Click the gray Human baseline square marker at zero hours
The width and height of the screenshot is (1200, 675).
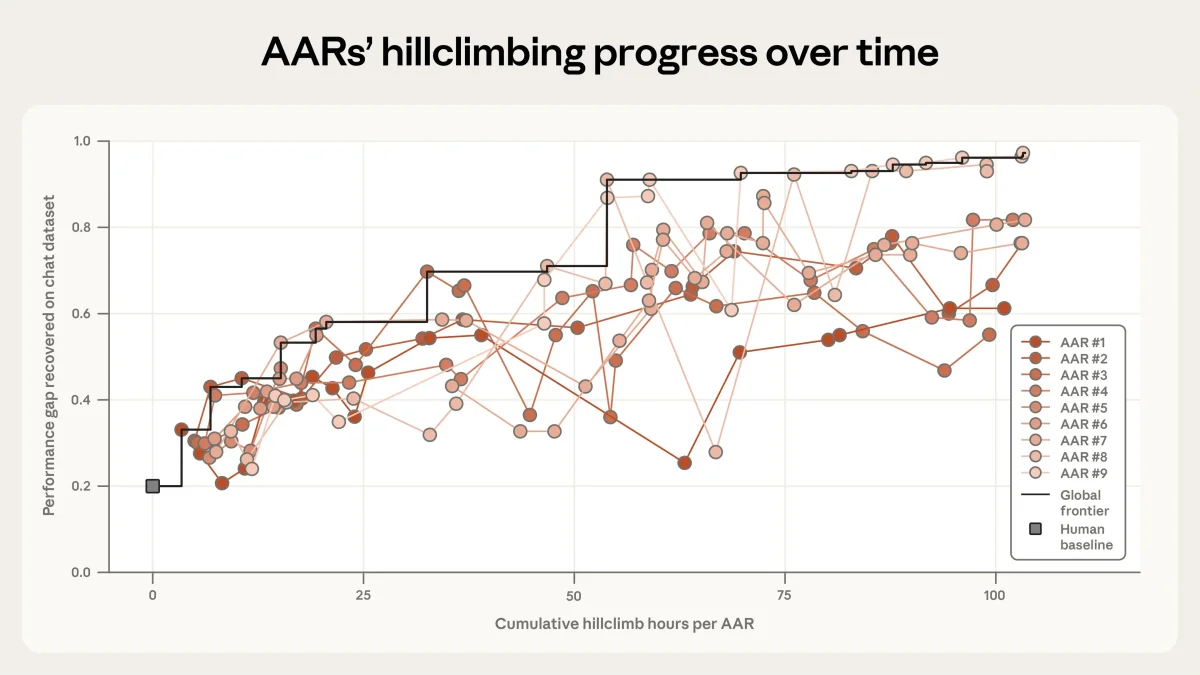153,486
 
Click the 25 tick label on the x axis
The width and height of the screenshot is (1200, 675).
363,595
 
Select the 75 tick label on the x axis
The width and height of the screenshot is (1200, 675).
785,595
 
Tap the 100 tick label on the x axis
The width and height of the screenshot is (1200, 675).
995,595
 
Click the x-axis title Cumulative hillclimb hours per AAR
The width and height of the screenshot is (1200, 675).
624,624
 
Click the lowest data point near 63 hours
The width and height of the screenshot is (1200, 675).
685,463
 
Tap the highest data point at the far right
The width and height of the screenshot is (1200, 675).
1023,153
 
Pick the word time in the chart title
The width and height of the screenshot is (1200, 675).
896,53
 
